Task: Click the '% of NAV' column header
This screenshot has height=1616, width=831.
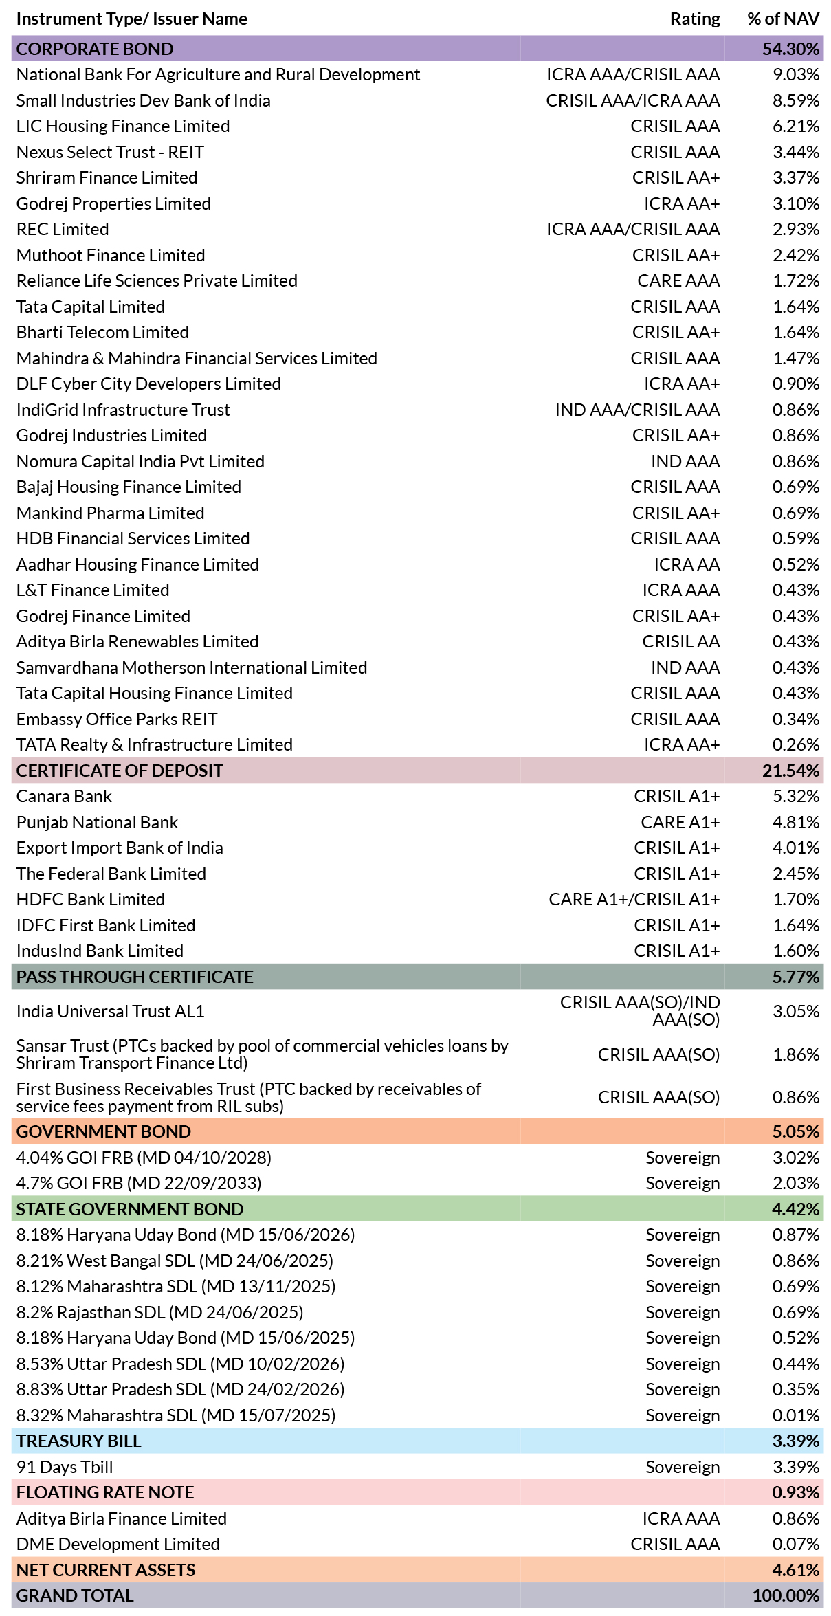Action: (x=783, y=19)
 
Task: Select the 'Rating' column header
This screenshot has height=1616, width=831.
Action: (x=695, y=19)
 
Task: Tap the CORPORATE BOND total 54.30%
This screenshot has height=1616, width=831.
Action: (x=790, y=49)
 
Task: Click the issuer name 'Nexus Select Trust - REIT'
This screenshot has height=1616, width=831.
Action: (x=110, y=152)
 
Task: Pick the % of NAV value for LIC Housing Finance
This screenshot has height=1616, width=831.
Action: (x=796, y=126)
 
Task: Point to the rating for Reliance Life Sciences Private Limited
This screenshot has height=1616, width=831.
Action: (x=678, y=280)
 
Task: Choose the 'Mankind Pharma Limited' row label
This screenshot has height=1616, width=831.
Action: (x=110, y=513)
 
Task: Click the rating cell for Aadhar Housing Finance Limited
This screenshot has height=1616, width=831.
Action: (x=687, y=564)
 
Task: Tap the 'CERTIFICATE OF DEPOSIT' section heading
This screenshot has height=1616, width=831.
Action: (x=120, y=771)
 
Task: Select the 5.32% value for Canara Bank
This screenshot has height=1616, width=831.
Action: (x=796, y=796)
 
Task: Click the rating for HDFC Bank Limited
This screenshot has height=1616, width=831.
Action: (x=634, y=899)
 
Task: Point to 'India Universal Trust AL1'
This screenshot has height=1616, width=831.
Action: (x=110, y=1011)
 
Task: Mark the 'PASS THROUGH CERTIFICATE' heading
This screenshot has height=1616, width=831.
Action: (x=135, y=977)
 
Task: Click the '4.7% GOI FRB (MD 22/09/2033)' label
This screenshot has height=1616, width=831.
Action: (x=139, y=1183)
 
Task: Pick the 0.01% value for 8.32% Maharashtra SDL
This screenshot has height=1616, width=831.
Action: (x=796, y=1415)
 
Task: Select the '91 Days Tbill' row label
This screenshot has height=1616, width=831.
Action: (x=65, y=1467)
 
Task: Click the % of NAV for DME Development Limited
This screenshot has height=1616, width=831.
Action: (x=796, y=1544)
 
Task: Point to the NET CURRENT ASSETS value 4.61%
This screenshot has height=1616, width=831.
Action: (x=796, y=1570)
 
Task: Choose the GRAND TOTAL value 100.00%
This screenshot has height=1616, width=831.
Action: (x=786, y=1595)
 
